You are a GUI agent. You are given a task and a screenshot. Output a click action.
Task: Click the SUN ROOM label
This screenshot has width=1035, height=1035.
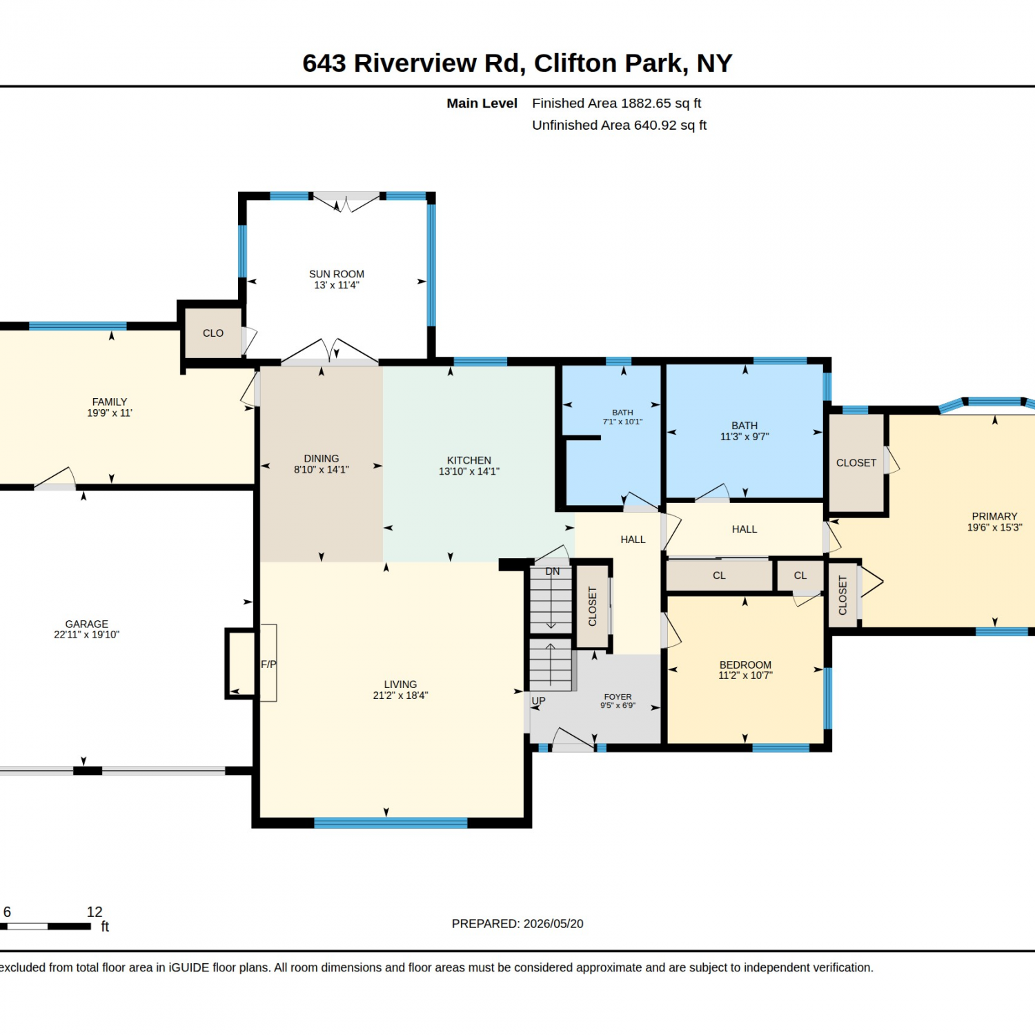click(x=337, y=274)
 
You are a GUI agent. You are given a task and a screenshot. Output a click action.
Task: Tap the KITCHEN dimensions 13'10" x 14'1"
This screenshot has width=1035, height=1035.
click(x=469, y=471)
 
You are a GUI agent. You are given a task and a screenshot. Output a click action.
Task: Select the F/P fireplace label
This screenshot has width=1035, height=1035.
click(x=268, y=664)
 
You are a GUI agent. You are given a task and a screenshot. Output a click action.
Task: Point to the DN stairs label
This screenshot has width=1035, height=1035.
click(x=553, y=571)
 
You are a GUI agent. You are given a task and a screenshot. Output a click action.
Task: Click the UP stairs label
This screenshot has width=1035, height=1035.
click(x=538, y=700)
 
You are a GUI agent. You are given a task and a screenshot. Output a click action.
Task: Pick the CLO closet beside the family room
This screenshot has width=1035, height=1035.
click(x=213, y=333)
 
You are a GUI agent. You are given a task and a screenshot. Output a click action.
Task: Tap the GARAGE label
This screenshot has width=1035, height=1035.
click(x=87, y=624)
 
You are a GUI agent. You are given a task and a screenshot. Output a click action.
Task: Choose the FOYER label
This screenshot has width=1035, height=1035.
click(x=618, y=697)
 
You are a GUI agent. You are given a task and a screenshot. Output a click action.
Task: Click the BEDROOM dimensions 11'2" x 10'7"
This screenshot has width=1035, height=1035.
click(x=745, y=676)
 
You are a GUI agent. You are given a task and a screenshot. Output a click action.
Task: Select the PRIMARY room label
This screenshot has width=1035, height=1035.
click(x=994, y=516)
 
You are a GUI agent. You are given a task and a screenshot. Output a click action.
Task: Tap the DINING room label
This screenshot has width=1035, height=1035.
click(x=322, y=458)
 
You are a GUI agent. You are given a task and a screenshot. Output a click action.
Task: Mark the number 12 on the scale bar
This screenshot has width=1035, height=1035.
click(x=95, y=912)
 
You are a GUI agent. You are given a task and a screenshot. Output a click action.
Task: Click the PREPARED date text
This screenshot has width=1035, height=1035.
click(x=517, y=923)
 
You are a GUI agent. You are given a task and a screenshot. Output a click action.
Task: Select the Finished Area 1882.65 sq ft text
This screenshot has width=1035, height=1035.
click(x=616, y=103)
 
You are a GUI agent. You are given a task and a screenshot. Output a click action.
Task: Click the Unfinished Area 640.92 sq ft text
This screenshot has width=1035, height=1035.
click(x=619, y=126)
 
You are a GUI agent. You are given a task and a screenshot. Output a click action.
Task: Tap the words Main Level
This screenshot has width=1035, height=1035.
click(x=482, y=103)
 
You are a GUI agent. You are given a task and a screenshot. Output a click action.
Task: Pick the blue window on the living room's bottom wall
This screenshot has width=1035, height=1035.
click(x=391, y=822)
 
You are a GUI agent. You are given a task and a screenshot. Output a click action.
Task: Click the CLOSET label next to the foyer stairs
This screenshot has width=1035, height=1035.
click(x=592, y=607)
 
